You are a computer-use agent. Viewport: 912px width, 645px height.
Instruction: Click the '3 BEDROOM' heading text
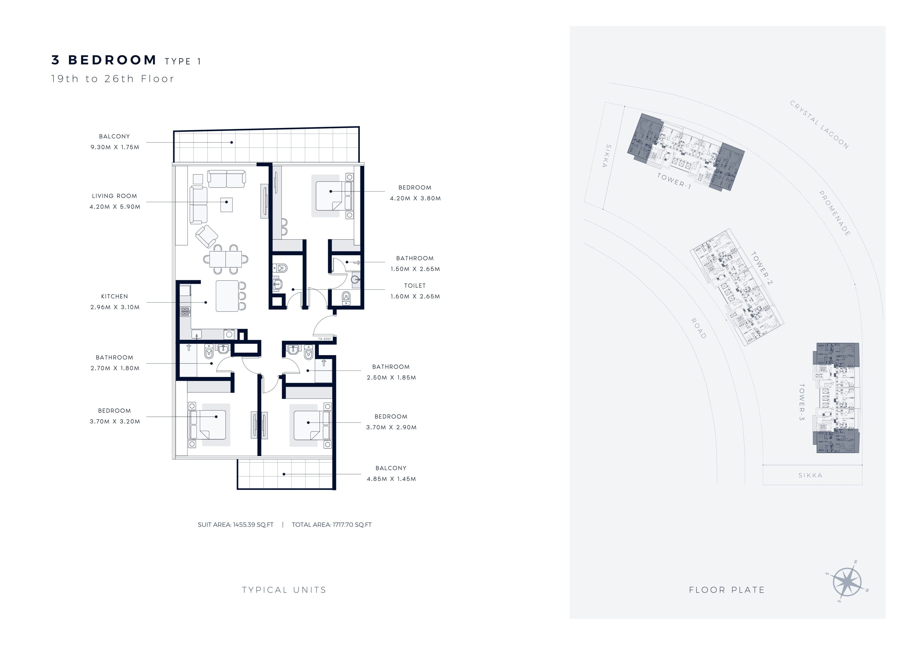pos(104,60)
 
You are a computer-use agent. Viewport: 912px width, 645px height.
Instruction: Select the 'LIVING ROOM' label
pos(114,196)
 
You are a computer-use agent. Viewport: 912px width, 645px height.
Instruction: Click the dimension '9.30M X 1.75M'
pos(115,147)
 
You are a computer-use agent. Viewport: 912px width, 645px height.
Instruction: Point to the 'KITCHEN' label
pos(114,296)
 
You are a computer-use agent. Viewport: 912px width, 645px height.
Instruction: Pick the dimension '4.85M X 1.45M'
pos(391,479)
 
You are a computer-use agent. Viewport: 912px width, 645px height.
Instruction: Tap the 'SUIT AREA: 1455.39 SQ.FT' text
pos(235,524)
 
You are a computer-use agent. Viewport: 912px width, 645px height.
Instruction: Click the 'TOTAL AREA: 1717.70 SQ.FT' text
pos(332,524)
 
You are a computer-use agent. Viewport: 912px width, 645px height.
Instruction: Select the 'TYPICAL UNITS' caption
pos(284,590)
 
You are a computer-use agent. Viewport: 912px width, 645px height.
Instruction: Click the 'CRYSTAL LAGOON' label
pos(819,124)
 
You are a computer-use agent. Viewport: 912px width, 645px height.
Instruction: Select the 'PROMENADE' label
pos(835,213)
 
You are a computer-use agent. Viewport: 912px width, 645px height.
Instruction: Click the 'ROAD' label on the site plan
pos(699,328)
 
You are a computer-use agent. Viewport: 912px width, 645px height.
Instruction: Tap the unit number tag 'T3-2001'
pos(325,339)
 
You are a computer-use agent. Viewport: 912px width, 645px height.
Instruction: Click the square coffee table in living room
pos(226,205)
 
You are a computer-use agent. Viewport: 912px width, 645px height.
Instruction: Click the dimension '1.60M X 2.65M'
pos(415,296)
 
